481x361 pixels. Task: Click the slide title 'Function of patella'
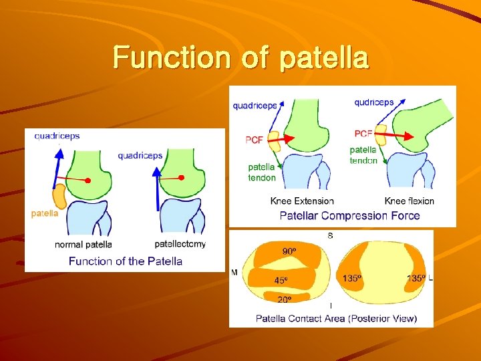pos(240,57)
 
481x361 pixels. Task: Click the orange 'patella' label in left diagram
pos(45,213)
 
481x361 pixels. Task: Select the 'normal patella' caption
pos(84,245)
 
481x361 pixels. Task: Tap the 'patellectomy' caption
pos(180,244)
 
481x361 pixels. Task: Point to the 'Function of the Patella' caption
pos(126,261)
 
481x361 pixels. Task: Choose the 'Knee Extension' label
pos(302,201)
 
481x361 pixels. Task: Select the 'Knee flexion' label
pos(409,201)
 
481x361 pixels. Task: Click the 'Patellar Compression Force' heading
pos(349,215)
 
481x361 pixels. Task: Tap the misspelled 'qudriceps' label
pos(374,102)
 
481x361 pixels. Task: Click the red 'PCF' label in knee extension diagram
pos(255,140)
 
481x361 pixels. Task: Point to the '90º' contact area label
pos(289,251)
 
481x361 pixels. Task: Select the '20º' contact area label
pos(285,299)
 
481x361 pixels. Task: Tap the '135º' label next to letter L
pos(416,278)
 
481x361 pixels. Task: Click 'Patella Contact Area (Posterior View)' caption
pos(336,318)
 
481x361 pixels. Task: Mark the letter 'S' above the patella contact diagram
pos(331,235)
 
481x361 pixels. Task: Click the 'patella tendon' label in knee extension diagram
pos(262,172)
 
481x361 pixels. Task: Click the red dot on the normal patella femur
pos(88,181)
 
